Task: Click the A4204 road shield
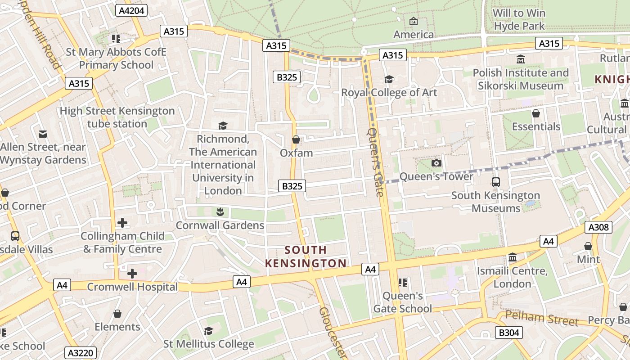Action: pos(131,10)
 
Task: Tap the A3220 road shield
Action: pos(81,352)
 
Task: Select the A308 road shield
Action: pos(599,227)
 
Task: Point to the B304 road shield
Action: pos(509,333)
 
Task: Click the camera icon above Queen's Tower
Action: pos(436,163)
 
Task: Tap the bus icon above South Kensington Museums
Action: pos(495,182)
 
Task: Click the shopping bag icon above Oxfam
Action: pos(296,140)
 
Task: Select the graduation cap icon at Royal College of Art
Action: pos(389,80)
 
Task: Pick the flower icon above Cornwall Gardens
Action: pos(220,211)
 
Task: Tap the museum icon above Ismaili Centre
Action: pos(512,257)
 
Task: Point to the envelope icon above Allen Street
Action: pos(43,134)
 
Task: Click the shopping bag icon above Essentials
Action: pos(535,113)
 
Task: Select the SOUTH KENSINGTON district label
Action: pos(306,256)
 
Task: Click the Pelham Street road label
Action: pos(541,318)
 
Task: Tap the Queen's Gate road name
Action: pos(376,162)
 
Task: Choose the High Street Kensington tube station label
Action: pos(117,117)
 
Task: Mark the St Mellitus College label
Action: pos(208,344)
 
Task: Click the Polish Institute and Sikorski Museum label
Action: pos(521,79)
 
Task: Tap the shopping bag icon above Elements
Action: pos(117,314)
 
